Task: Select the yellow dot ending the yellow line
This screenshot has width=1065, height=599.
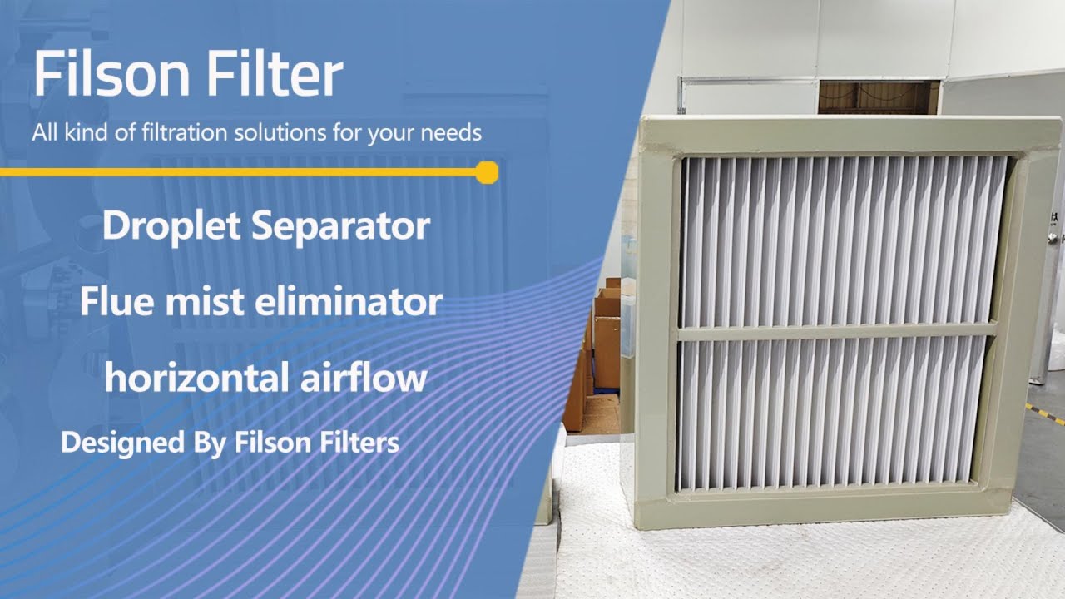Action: (x=488, y=172)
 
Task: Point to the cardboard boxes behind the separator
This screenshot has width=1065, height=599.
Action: (x=606, y=349)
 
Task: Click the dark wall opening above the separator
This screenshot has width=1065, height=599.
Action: (x=878, y=97)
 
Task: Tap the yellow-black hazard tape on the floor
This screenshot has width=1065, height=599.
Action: (x=1045, y=413)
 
